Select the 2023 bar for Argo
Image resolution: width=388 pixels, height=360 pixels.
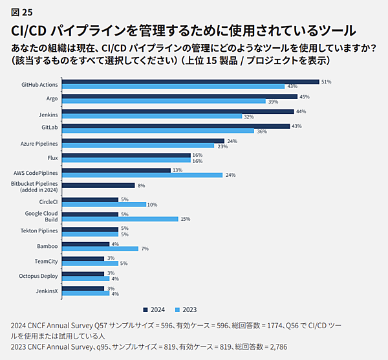click(165, 102)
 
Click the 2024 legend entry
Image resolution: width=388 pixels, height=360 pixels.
click(154, 309)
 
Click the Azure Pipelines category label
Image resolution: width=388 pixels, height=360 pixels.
click(39, 143)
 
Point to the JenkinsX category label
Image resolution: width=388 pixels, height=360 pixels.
click(47, 290)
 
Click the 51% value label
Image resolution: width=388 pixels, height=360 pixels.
click(327, 82)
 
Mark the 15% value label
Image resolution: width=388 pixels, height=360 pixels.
click(186, 219)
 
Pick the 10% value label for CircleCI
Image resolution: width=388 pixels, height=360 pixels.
click(153, 205)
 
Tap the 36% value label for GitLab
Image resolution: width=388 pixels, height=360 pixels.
click(262, 131)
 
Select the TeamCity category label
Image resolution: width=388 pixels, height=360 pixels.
click(46, 261)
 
